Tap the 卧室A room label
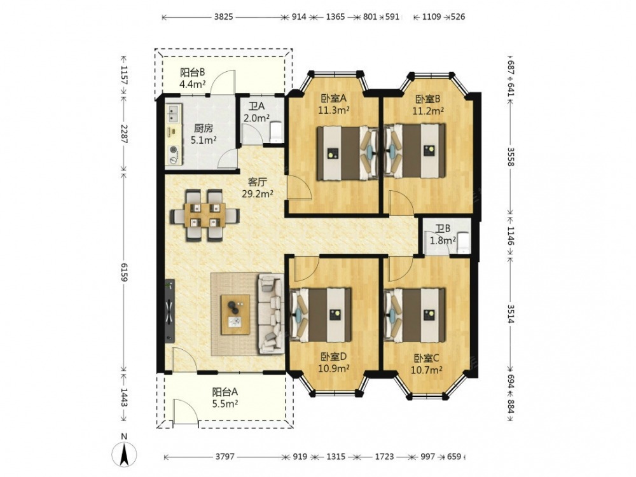point(333,104)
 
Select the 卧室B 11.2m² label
point(428,104)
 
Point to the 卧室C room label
point(426,364)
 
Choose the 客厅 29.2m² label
point(257,188)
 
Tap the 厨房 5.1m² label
point(204,134)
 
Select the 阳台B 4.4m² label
point(192,78)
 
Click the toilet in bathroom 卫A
point(276,131)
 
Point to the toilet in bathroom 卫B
point(462,242)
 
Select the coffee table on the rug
point(235,315)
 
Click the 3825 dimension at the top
point(223,17)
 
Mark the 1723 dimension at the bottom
point(384,457)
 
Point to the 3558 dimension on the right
point(510,156)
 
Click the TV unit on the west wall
point(170,311)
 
